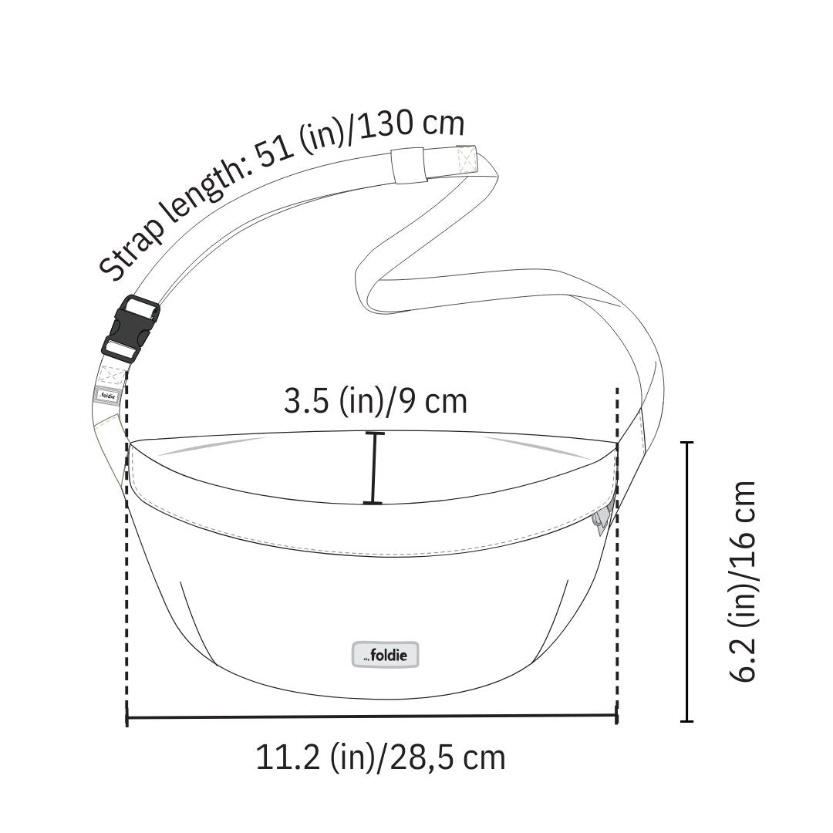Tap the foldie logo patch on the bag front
pyautogui.click(x=386, y=655)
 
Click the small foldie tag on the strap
pyautogui.click(x=109, y=396)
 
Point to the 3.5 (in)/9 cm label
pyautogui.click(x=375, y=401)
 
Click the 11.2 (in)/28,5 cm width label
pyautogui.click(x=380, y=757)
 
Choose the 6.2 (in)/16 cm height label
pyautogui.click(x=742, y=582)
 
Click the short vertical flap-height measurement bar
pyautogui.click(x=374, y=468)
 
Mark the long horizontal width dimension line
pyautogui.click(x=371, y=717)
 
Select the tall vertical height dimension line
pyautogui.click(x=687, y=582)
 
